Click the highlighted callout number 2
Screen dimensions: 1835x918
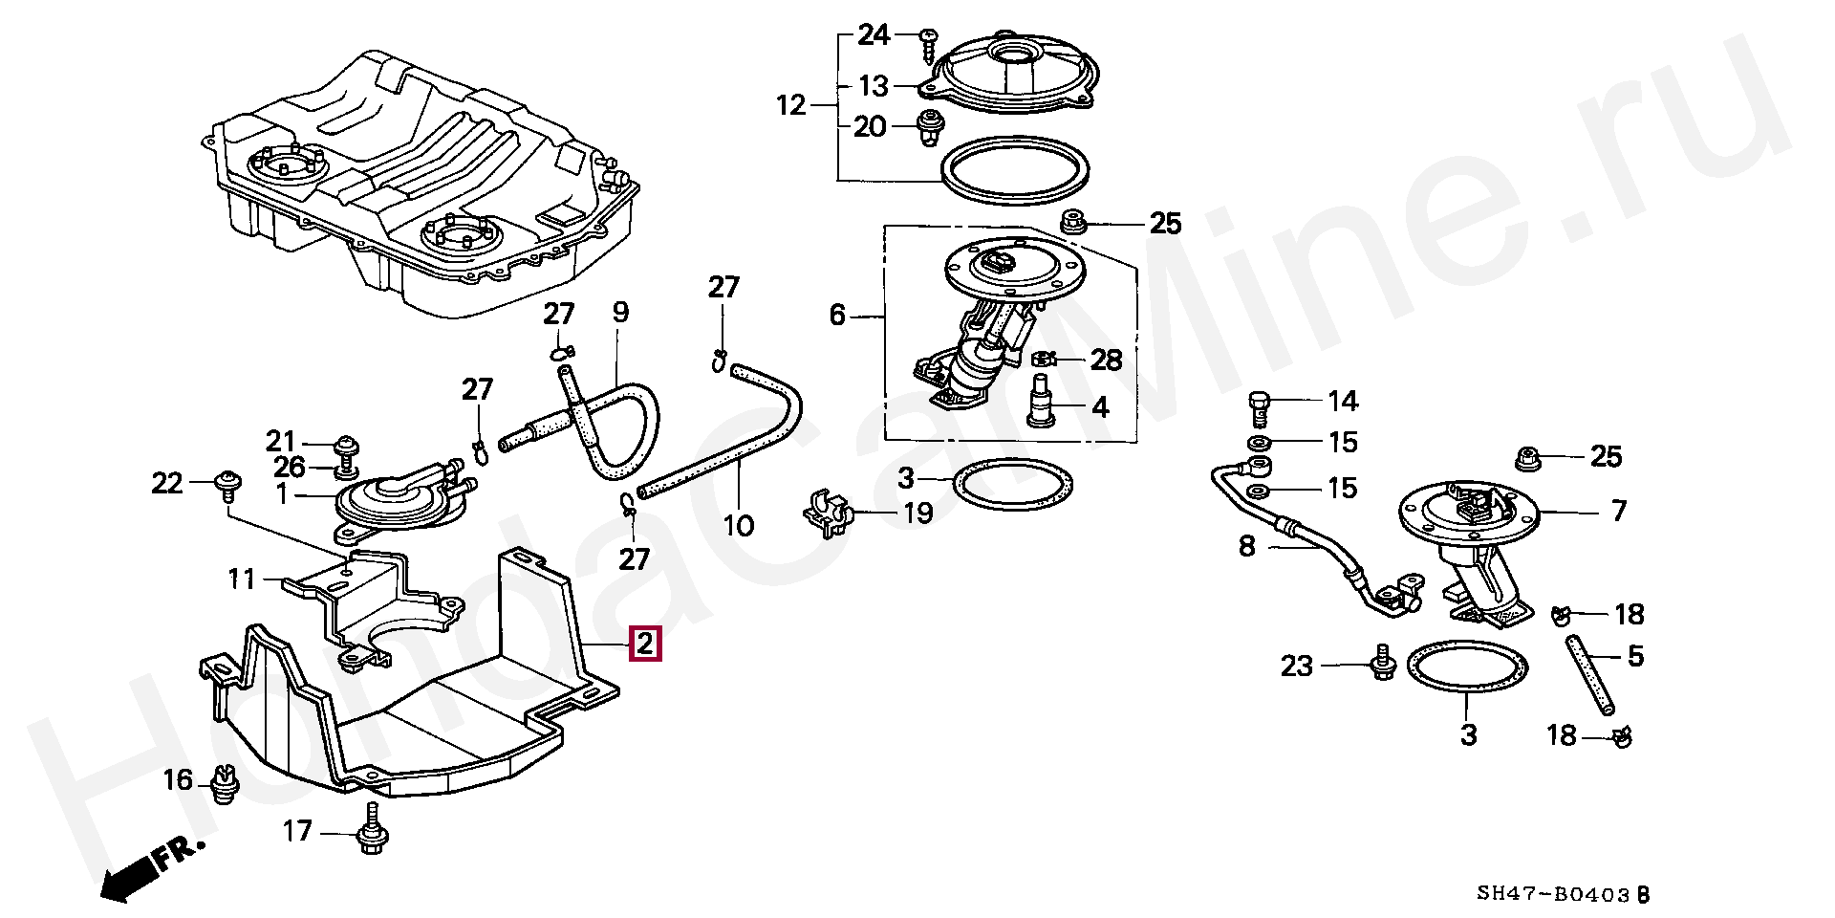(644, 645)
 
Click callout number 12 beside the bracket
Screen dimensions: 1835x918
(792, 104)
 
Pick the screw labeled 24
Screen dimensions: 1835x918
(929, 45)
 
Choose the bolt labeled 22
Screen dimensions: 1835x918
(228, 484)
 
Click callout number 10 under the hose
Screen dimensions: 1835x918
(740, 526)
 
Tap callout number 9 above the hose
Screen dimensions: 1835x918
(620, 311)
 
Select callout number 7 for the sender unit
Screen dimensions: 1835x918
(1618, 512)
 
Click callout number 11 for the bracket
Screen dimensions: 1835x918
(242, 579)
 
